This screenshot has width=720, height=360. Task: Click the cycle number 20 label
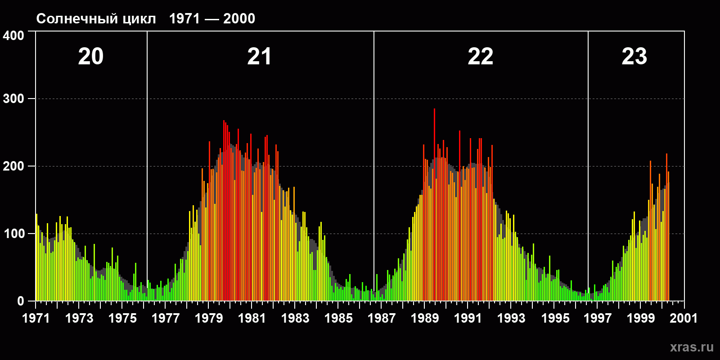pos(91,57)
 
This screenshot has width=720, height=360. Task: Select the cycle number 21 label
pos(259,57)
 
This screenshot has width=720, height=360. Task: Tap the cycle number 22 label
pos(480,57)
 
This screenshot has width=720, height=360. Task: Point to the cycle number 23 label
pos(634,57)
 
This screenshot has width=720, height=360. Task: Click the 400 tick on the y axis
pos(13,36)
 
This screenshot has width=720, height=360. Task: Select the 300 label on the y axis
pos(13,99)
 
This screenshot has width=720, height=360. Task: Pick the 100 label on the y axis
pos(13,234)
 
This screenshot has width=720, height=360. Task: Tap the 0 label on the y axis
pos(20,301)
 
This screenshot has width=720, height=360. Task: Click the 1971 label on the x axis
pos(36,318)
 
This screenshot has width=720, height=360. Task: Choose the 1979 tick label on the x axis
pos(209,318)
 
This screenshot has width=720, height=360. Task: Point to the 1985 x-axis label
pos(338,318)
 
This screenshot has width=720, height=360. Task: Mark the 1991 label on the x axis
pos(468,318)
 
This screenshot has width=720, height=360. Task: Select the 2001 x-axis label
pos(684,318)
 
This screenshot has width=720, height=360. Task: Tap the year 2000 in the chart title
pos(239,19)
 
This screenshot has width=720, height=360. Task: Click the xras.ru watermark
pos(692,347)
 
